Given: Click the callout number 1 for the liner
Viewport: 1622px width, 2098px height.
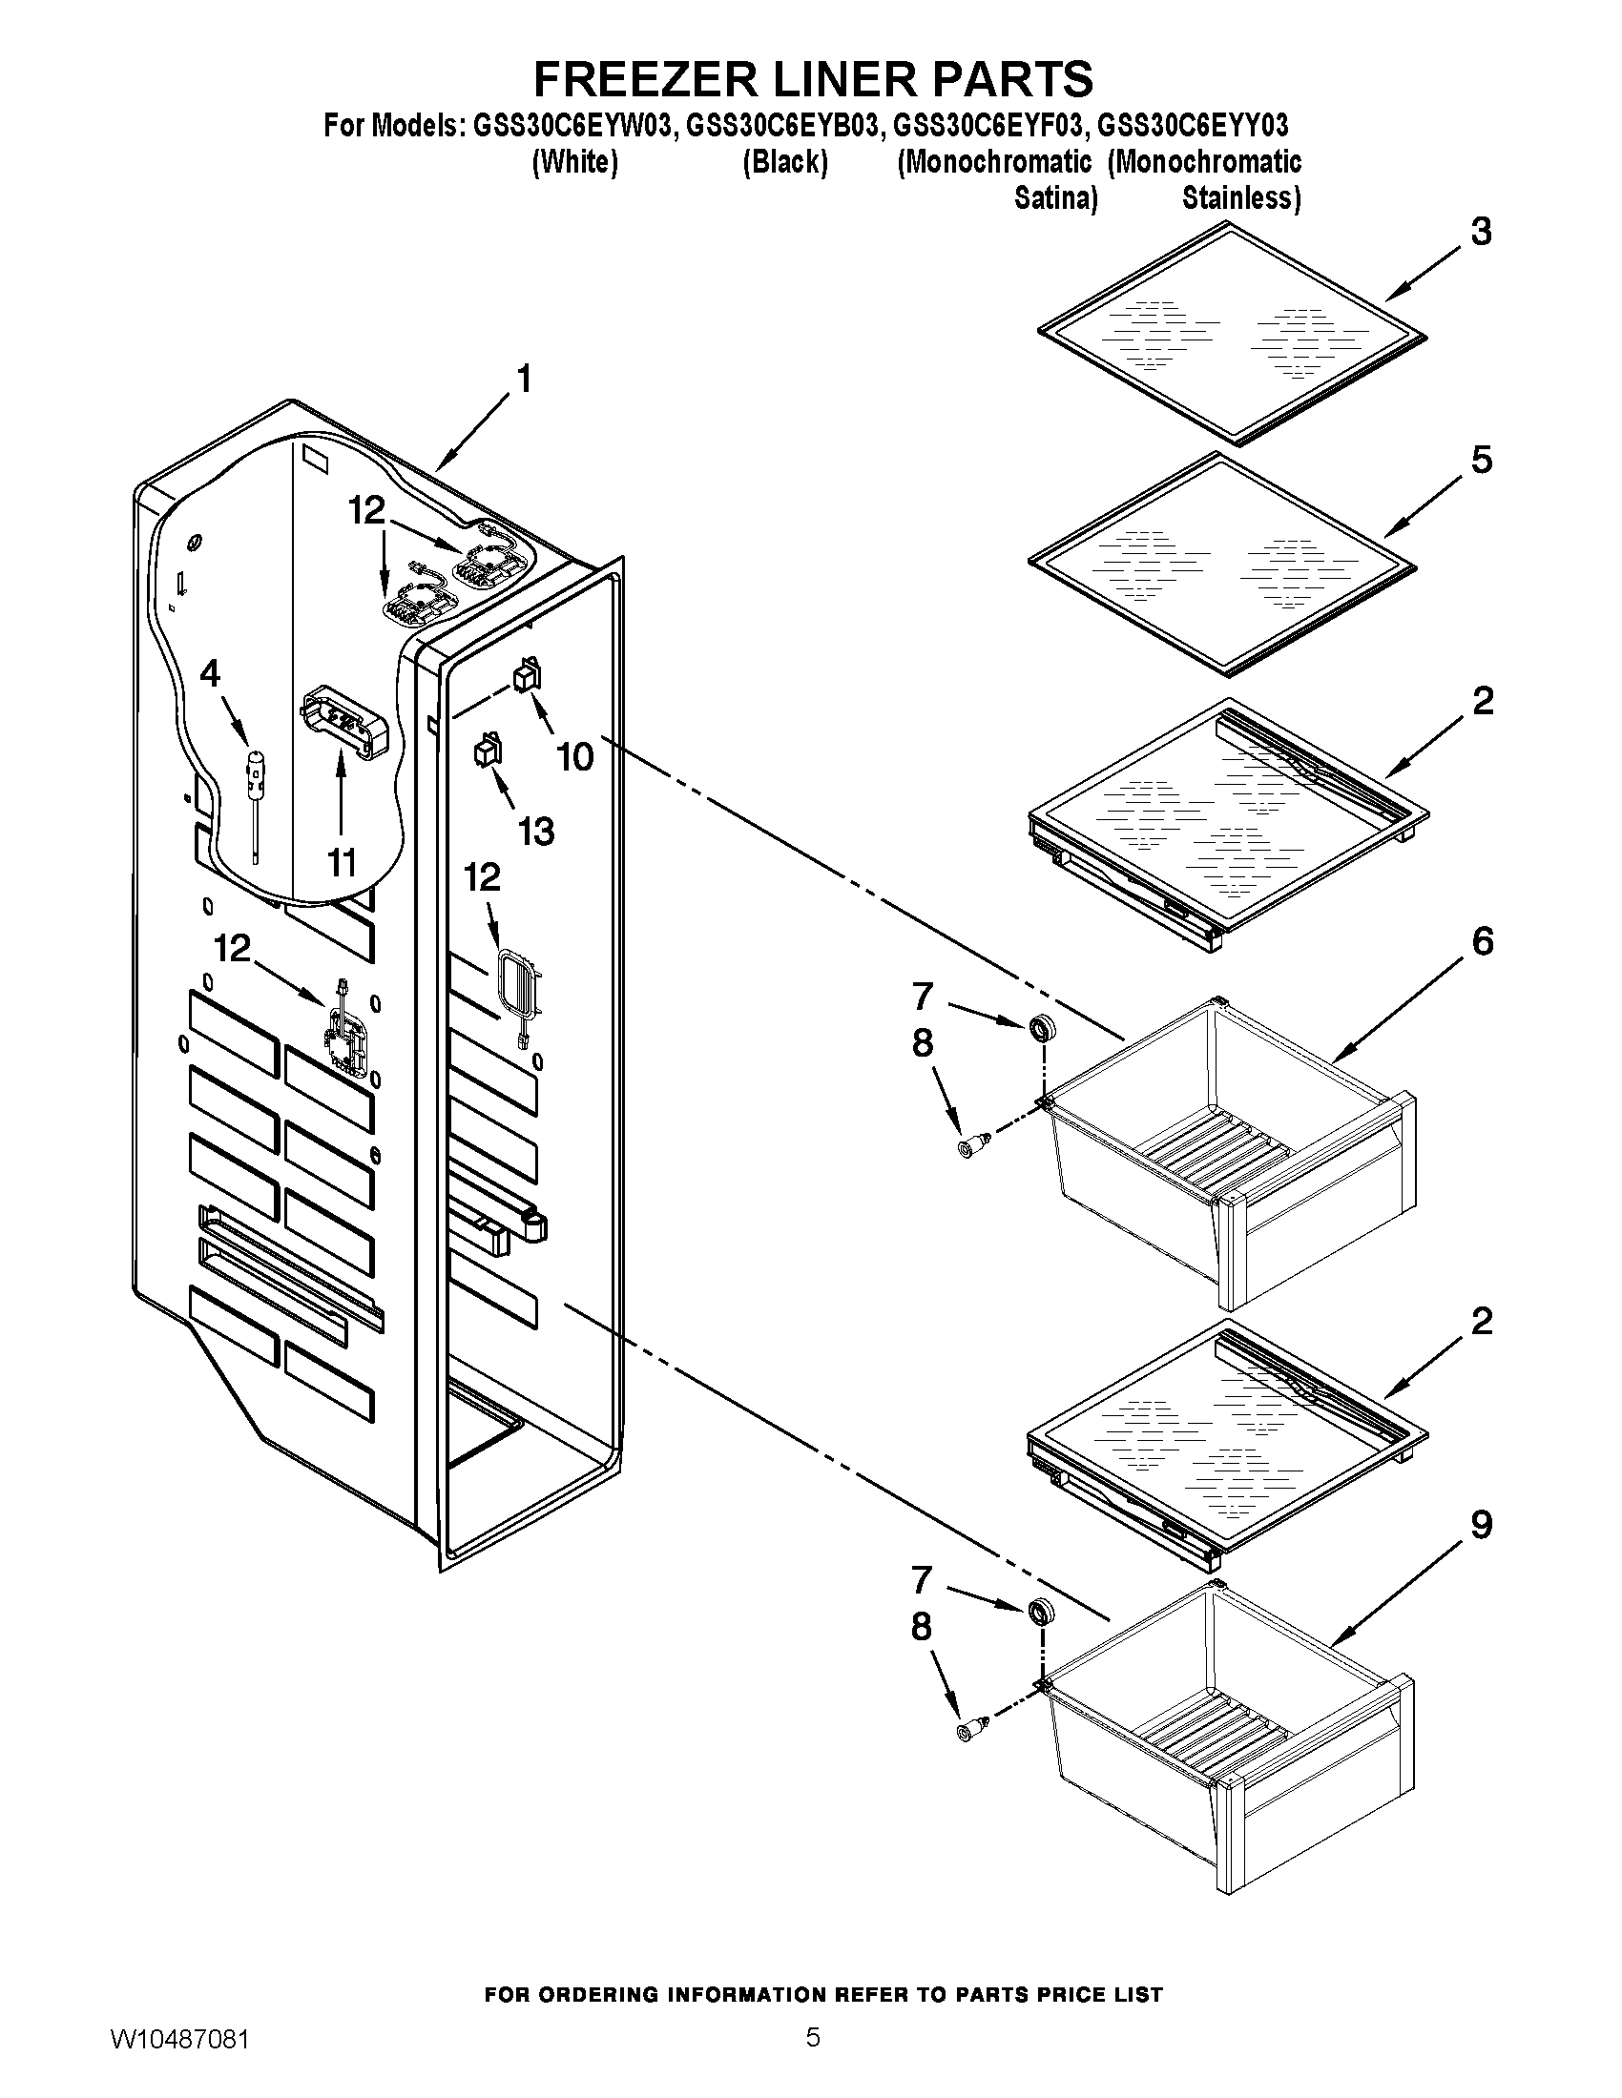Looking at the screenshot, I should pos(524,380).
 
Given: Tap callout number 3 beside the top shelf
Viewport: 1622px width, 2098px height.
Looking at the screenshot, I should pos(1482,232).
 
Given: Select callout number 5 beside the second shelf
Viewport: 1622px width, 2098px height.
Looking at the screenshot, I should pos(1482,461).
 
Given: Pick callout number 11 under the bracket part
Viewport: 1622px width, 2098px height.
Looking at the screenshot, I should pos(342,862).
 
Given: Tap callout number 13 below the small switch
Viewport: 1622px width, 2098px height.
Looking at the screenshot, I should pos(536,830).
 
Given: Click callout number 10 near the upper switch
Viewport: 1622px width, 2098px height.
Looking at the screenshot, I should pos(575,756).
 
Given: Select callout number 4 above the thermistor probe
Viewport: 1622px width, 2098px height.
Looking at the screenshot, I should pos(210,673).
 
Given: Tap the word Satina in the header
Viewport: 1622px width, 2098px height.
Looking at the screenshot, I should pos(1056,199).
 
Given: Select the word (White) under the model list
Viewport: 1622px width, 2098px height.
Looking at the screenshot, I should pos(574,162).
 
